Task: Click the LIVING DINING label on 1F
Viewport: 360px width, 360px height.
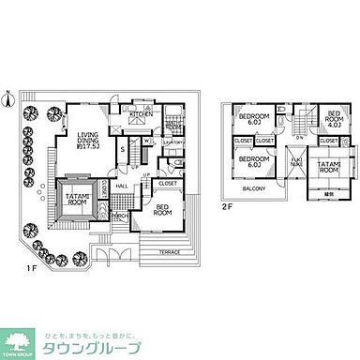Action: coord(92,137)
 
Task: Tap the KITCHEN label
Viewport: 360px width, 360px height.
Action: coord(141,114)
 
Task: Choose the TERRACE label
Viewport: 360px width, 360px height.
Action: coord(170,253)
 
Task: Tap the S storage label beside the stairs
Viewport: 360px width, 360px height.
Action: coord(123,150)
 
